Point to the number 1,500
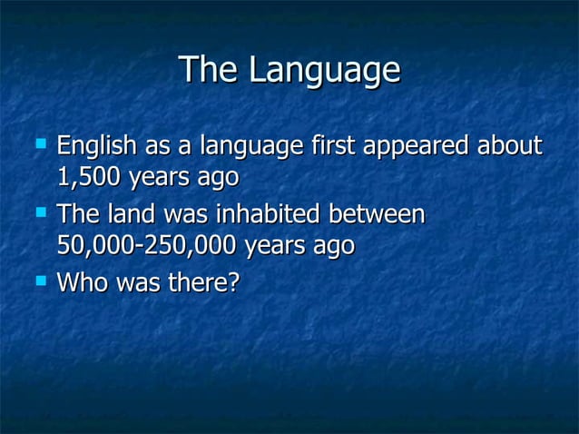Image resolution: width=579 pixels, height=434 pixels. (89, 177)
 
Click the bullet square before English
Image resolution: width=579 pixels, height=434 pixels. (39, 143)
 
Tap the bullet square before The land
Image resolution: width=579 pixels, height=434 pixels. (39, 213)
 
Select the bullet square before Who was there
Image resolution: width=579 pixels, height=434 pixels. (39, 281)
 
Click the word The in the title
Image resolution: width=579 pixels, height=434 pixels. (210, 71)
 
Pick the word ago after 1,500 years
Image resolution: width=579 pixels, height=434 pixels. (219, 177)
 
